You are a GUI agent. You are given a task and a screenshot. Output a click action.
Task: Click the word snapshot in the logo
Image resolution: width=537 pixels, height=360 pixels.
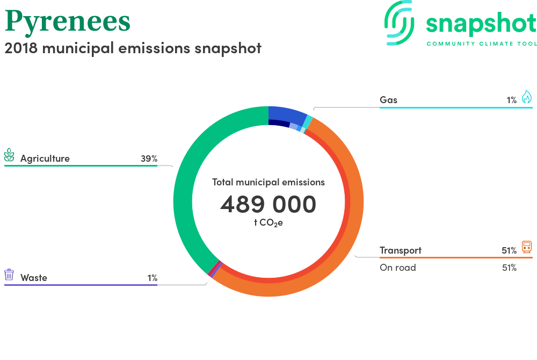[481, 24]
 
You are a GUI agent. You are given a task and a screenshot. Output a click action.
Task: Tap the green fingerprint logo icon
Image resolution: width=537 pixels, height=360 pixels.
[399, 23]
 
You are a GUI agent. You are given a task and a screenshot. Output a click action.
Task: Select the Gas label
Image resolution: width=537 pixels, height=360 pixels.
[388, 100]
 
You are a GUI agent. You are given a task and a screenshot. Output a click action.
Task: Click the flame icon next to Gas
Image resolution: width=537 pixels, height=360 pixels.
[527, 97]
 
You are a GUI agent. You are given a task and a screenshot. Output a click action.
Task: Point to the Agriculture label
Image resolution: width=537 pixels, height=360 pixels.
[45, 159]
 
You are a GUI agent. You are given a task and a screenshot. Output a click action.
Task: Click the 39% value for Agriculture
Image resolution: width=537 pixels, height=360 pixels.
[149, 159]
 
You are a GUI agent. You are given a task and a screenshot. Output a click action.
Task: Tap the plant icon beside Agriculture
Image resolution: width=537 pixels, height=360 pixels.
[9, 155]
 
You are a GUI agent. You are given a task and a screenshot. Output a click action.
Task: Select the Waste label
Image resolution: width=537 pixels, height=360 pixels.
[33, 278]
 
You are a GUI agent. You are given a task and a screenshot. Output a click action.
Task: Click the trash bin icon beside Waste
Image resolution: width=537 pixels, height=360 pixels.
[9, 275]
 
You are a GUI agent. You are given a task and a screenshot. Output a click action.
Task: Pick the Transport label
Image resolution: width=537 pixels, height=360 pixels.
[401, 251]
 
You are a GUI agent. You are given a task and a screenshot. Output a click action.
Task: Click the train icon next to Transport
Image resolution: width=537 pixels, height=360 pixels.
[527, 247]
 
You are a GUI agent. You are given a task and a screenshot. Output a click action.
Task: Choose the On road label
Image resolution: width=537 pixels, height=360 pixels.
[397, 268]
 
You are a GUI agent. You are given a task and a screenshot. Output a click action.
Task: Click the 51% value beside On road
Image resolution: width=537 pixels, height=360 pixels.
[509, 268]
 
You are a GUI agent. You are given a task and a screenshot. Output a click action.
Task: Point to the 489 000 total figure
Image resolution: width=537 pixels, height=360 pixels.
[268, 204]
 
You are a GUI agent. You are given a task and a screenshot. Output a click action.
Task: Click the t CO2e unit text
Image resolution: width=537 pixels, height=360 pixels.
[268, 223]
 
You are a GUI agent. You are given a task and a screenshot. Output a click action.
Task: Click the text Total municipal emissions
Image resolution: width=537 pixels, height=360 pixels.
[268, 182]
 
